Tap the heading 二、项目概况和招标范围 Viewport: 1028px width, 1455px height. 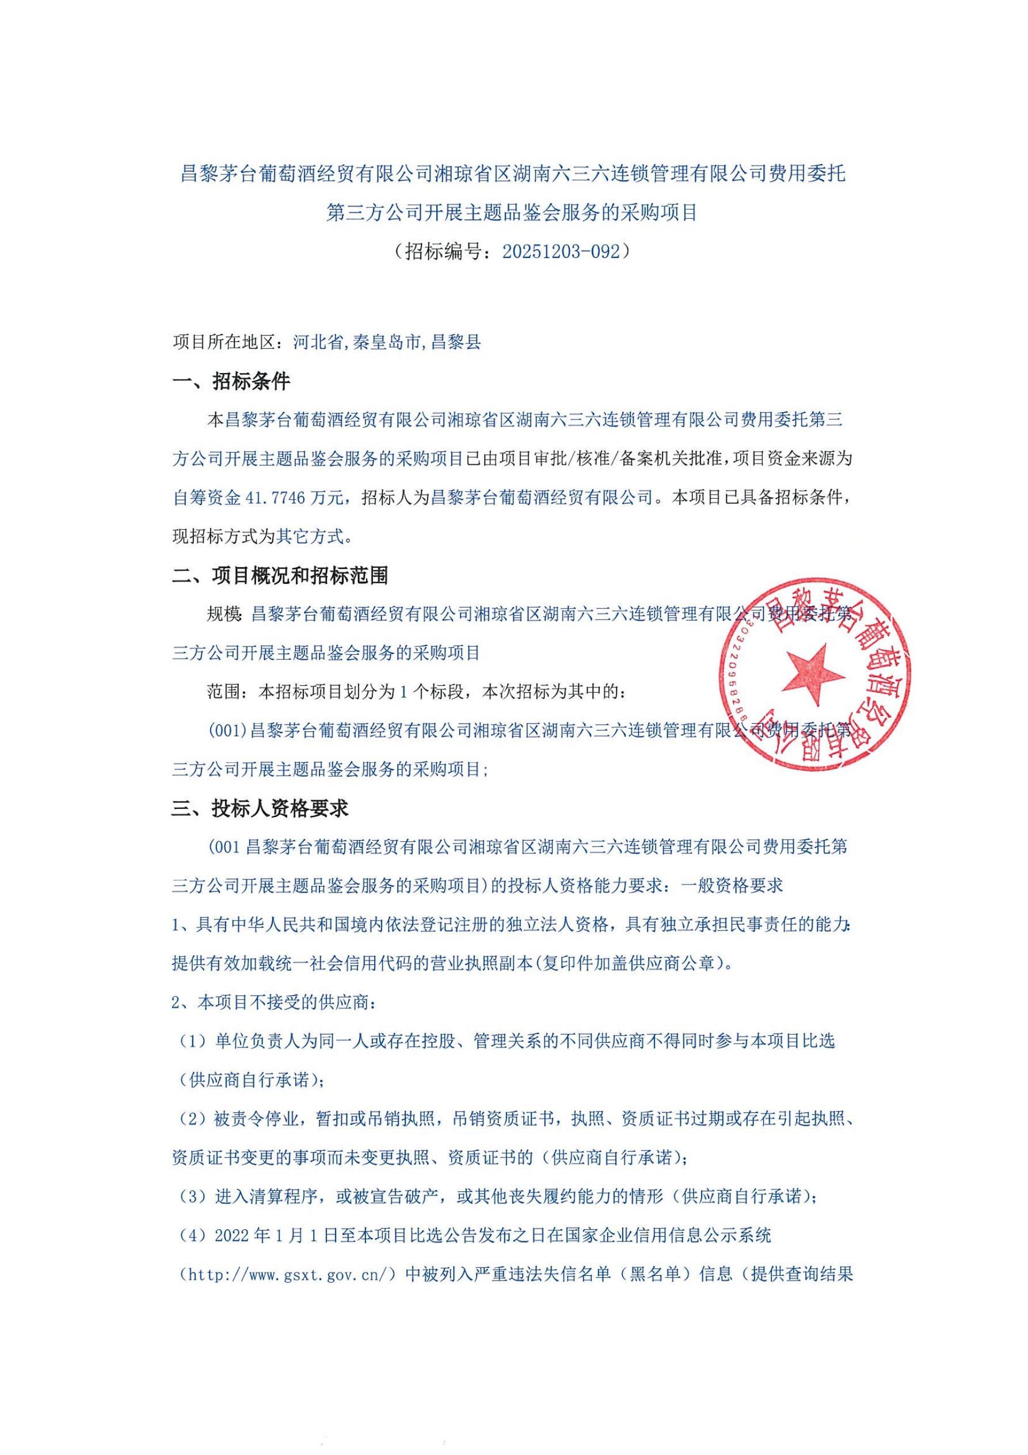pos(279,575)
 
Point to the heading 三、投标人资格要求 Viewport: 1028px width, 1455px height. pos(260,808)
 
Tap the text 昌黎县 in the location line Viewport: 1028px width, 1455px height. pos(456,342)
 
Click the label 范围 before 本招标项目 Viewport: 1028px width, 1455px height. pos(223,692)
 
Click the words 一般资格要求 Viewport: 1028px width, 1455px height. pos(732,886)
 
